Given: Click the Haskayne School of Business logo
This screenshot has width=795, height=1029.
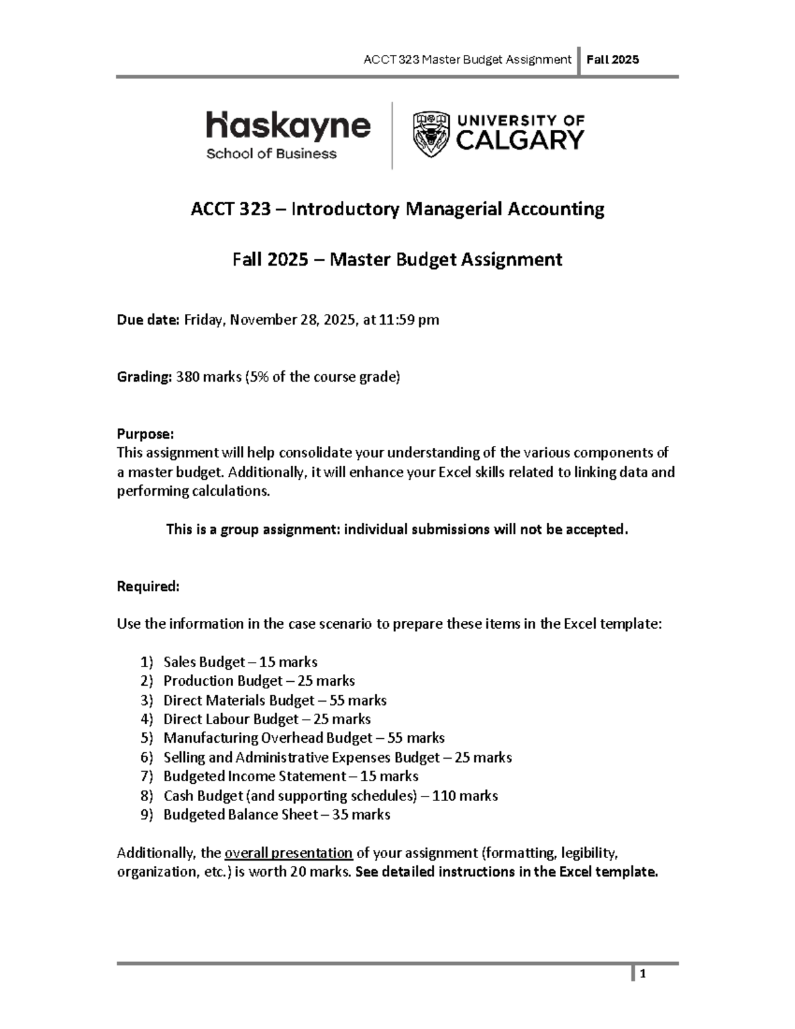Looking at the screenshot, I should click(x=288, y=135).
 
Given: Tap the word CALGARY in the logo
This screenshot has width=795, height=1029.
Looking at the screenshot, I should click(x=520, y=140).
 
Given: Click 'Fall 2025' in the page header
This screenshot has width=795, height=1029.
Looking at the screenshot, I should click(x=617, y=60).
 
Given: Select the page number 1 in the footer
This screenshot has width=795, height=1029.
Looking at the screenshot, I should click(x=643, y=974).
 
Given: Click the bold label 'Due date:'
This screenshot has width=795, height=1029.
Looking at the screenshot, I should click(x=148, y=320).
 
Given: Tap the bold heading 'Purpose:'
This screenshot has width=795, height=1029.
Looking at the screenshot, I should click(x=145, y=434).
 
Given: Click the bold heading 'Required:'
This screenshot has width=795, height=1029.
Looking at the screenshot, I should click(x=148, y=586).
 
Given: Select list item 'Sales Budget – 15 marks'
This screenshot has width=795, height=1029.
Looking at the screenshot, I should click(x=240, y=662).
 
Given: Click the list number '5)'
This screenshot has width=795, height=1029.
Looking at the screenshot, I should click(x=146, y=738).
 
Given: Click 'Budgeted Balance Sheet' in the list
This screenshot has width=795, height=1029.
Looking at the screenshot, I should click(x=240, y=815).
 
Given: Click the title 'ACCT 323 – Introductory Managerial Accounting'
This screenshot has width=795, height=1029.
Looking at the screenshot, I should click(x=397, y=209).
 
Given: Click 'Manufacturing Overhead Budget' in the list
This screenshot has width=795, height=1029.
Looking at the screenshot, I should click(x=268, y=738).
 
